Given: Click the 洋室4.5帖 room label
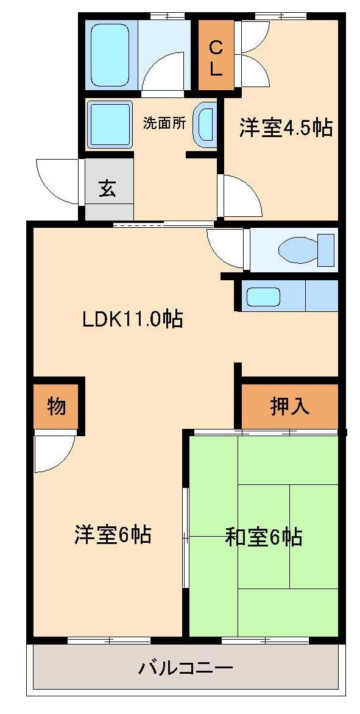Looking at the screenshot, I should point(285,129).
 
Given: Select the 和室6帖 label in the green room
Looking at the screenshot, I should point(263,537).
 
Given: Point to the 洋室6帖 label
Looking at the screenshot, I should point(113,534).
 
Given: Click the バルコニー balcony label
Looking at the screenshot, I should point(185,668).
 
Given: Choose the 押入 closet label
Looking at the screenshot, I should point(289,406).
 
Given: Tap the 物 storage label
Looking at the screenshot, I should point(56,406).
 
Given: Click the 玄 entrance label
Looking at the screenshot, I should point(108,189).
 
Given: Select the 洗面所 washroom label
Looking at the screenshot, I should point(164,122).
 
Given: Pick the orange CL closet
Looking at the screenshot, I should point(216,56).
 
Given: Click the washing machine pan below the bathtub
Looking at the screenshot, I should point(110,124).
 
